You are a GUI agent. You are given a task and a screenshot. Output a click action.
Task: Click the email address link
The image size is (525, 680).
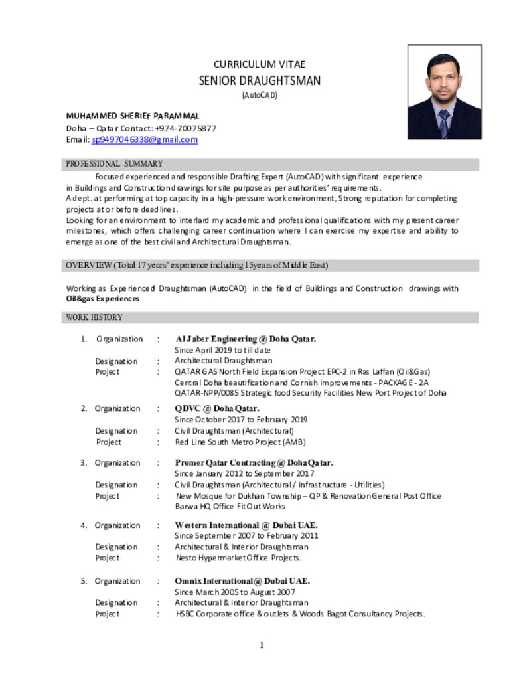click(x=145, y=140)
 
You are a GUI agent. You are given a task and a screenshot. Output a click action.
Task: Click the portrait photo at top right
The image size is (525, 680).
click(x=444, y=92)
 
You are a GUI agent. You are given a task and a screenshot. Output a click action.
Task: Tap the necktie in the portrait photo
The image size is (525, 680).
click(x=443, y=122)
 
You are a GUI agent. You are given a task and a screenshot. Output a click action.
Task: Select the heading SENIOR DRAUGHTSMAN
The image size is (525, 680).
click(x=260, y=81)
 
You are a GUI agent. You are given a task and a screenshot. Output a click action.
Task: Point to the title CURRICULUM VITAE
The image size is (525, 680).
click(x=260, y=64)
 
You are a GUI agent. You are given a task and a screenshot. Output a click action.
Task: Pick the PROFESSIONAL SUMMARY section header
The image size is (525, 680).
click(x=114, y=164)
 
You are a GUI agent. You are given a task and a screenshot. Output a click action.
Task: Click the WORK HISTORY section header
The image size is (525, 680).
click(x=94, y=317)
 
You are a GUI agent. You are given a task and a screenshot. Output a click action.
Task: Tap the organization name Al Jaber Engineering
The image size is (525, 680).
click(x=245, y=339)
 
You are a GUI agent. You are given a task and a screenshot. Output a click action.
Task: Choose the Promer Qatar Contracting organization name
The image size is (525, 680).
click(x=254, y=462)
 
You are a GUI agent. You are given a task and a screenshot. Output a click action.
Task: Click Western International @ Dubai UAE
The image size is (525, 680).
click(x=246, y=525)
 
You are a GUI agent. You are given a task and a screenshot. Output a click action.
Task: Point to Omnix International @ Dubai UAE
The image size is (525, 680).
click(x=242, y=581)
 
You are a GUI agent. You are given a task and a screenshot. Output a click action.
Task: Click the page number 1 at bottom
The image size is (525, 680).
click(x=262, y=645)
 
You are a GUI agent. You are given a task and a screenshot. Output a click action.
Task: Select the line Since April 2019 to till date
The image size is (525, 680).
click(x=222, y=350)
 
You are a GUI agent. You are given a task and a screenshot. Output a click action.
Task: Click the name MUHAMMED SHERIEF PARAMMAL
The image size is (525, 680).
click(x=133, y=116)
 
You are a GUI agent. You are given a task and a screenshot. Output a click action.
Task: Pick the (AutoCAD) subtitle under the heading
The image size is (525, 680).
click(x=260, y=95)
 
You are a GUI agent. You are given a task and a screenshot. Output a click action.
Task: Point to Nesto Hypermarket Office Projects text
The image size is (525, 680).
click(x=238, y=558)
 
